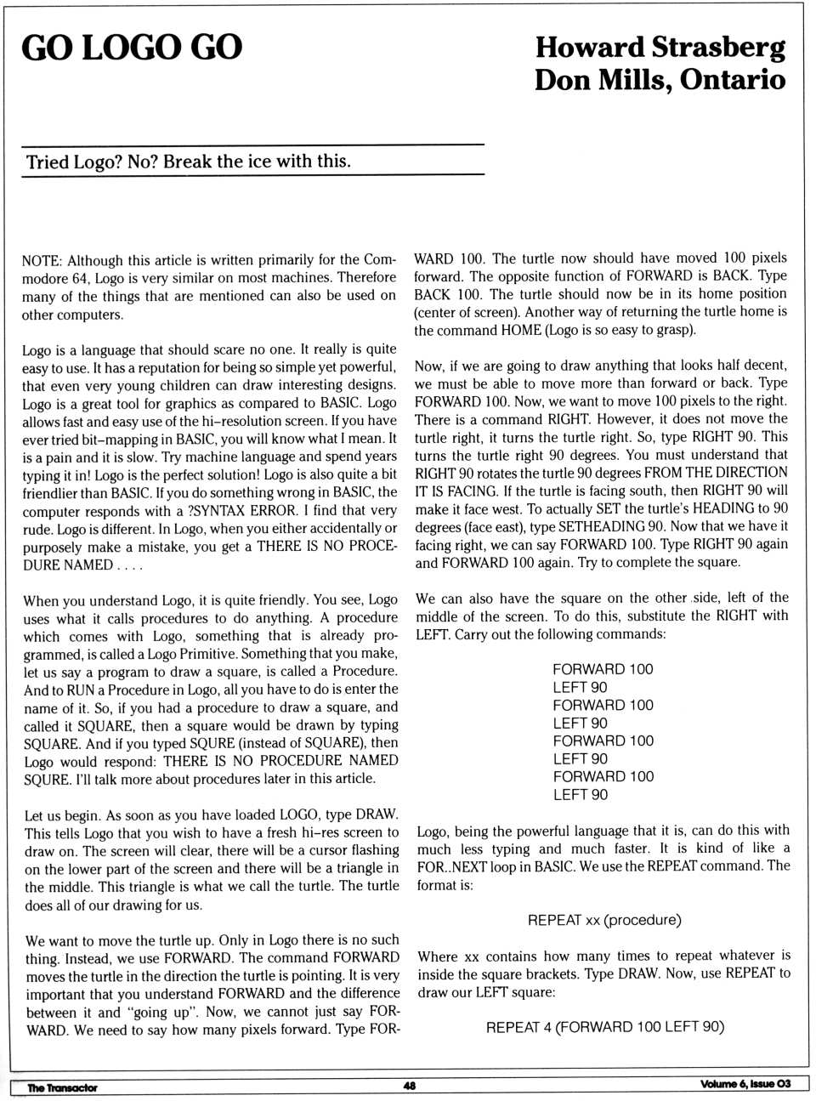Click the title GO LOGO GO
click(132, 48)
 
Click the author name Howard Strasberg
click(660, 47)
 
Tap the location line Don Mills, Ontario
click(660, 80)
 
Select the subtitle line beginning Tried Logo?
click(188, 162)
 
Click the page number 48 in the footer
click(410, 1085)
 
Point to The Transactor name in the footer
click(62, 1087)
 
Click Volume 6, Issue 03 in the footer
click(745, 1083)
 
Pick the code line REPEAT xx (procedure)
click(604, 920)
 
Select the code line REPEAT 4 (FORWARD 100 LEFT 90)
click(604, 1027)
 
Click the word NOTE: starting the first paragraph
click(42, 260)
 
